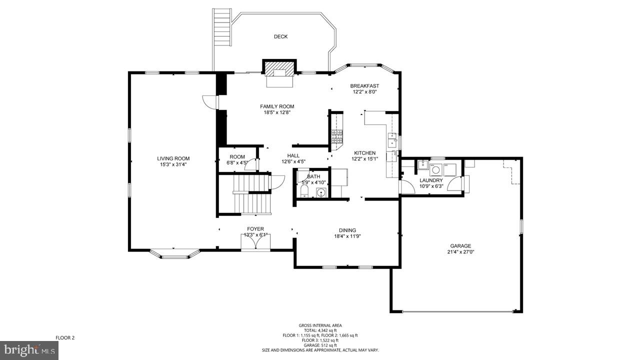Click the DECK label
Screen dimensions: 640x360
[x=280, y=36]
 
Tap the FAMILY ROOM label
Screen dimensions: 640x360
[x=277, y=106]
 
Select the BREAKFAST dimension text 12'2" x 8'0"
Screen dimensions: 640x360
[x=365, y=92]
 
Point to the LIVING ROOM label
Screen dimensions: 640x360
[x=173, y=158]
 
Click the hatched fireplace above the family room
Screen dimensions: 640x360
[x=279, y=69]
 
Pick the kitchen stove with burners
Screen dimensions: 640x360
[x=337, y=136]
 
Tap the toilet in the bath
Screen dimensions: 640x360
[x=304, y=191]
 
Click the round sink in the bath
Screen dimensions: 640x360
[x=321, y=193]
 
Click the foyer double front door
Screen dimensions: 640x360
[x=255, y=242]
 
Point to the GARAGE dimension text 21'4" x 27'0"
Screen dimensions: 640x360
[x=461, y=252]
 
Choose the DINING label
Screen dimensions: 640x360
[x=347, y=230]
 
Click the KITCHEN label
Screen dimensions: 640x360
[x=365, y=153]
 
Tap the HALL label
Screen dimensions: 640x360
[x=293, y=155]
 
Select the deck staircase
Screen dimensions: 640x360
[x=221, y=26]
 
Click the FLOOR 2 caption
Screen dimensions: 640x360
[x=65, y=337]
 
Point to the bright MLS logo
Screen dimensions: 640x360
[x=29, y=350]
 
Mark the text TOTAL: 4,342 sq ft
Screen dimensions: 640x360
[x=320, y=330]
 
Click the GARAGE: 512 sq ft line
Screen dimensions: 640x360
[x=320, y=345]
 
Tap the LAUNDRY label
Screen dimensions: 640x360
[x=431, y=180]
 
